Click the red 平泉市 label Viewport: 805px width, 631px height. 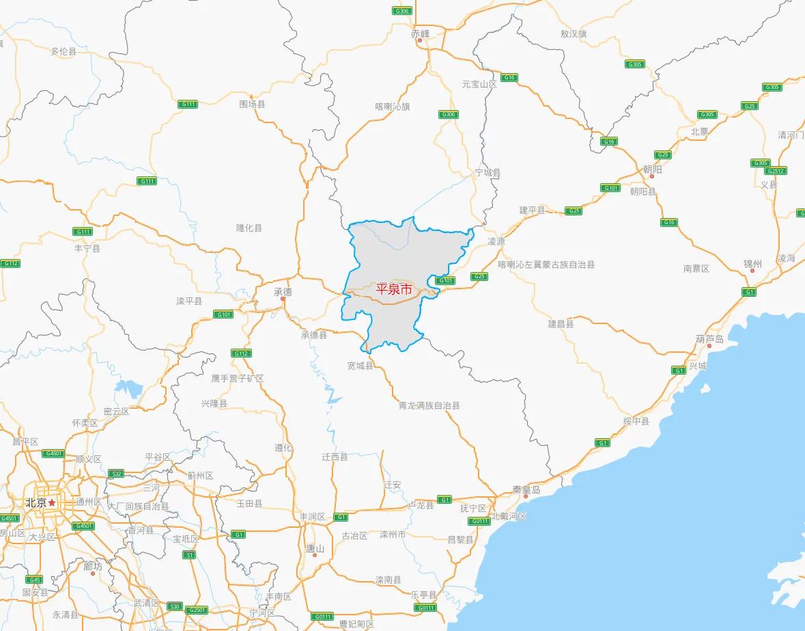click(x=395, y=289)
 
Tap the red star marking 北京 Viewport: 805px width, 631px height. click(x=52, y=502)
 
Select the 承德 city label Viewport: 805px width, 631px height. click(x=283, y=291)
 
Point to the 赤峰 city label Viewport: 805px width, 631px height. click(x=421, y=33)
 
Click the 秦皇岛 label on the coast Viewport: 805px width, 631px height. click(x=526, y=490)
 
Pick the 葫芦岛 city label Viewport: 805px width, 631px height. click(x=709, y=339)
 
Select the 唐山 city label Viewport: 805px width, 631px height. click(x=315, y=548)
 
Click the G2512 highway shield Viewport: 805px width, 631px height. click(x=776, y=171)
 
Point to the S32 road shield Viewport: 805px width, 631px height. click(x=116, y=473)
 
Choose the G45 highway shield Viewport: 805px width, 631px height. click(x=36, y=580)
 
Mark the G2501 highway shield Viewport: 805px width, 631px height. click(x=197, y=609)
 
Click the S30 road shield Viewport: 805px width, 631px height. click(x=175, y=606)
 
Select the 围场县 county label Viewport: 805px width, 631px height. click(x=252, y=105)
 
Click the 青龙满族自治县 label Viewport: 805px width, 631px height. click(x=429, y=405)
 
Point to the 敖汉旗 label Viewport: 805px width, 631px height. click(x=573, y=33)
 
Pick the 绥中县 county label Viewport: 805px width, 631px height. click(x=636, y=421)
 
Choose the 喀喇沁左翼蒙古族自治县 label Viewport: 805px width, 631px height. click(x=546, y=265)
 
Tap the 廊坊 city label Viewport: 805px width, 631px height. click(x=92, y=566)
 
